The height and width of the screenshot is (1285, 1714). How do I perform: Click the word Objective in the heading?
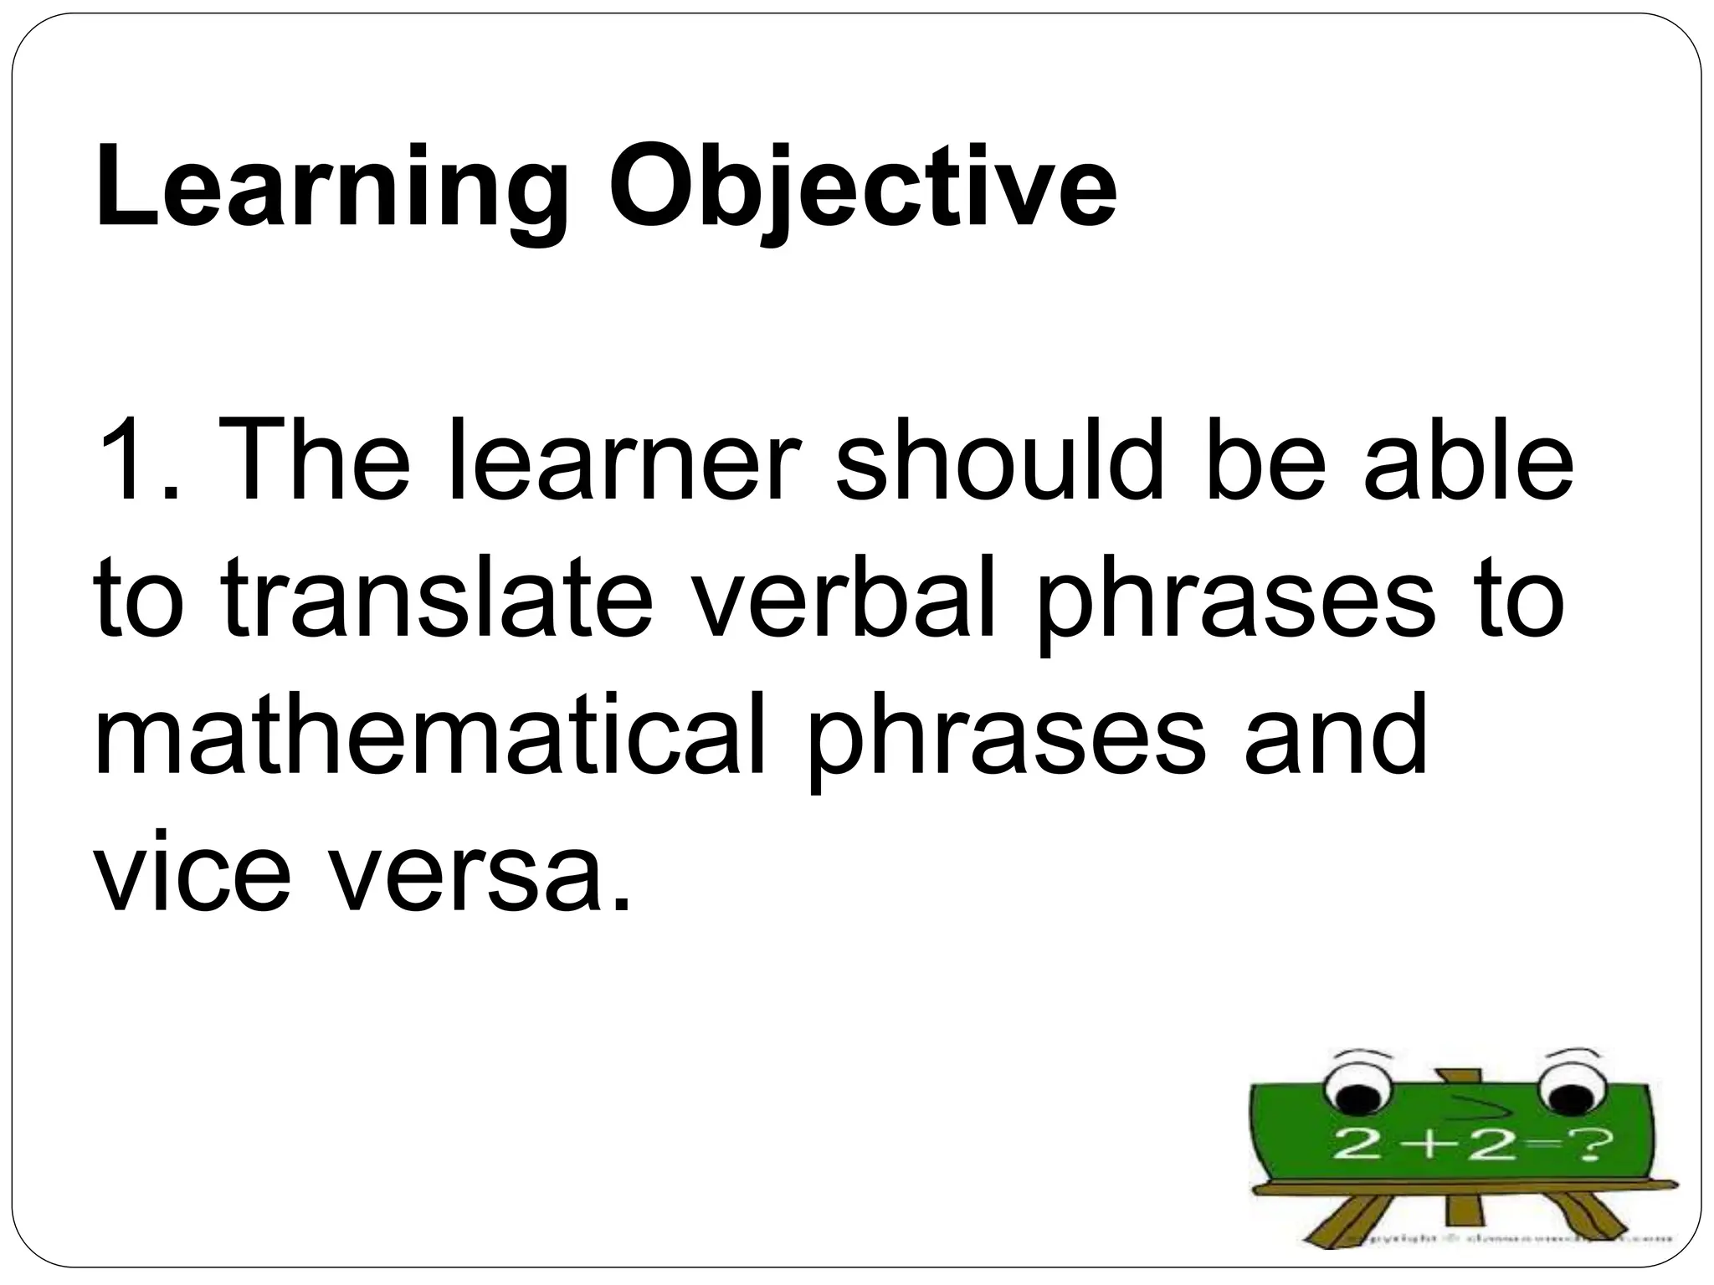point(862,188)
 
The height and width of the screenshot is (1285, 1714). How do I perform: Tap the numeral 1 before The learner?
point(126,461)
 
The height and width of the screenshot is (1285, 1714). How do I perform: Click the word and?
point(1335,736)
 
